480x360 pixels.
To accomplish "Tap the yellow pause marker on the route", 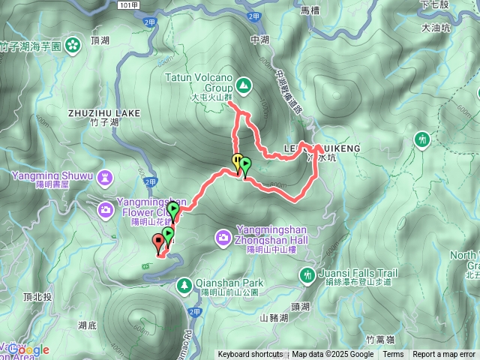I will pyautogui.click(x=238, y=160).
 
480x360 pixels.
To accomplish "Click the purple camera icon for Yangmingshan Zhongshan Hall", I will pyautogui.click(x=223, y=238).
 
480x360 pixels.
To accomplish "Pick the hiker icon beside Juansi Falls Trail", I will pyautogui.click(x=307, y=275).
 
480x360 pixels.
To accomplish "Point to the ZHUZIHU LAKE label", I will pyautogui.click(x=104, y=113).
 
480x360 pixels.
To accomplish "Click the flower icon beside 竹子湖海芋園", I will pyautogui.click(x=73, y=45).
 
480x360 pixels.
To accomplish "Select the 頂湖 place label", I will pyautogui.click(x=99, y=40).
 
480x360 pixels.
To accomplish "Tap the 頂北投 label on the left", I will pyautogui.click(x=37, y=297).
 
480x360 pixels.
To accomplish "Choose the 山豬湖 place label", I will pyautogui.click(x=274, y=318).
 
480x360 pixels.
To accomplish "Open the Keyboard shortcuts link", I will pyautogui.click(x=250, y=355).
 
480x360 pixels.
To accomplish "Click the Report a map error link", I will pyautogui.click(x=444, y=355).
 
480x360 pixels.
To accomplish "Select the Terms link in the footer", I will pyautogui.click(x=393, y=355).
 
